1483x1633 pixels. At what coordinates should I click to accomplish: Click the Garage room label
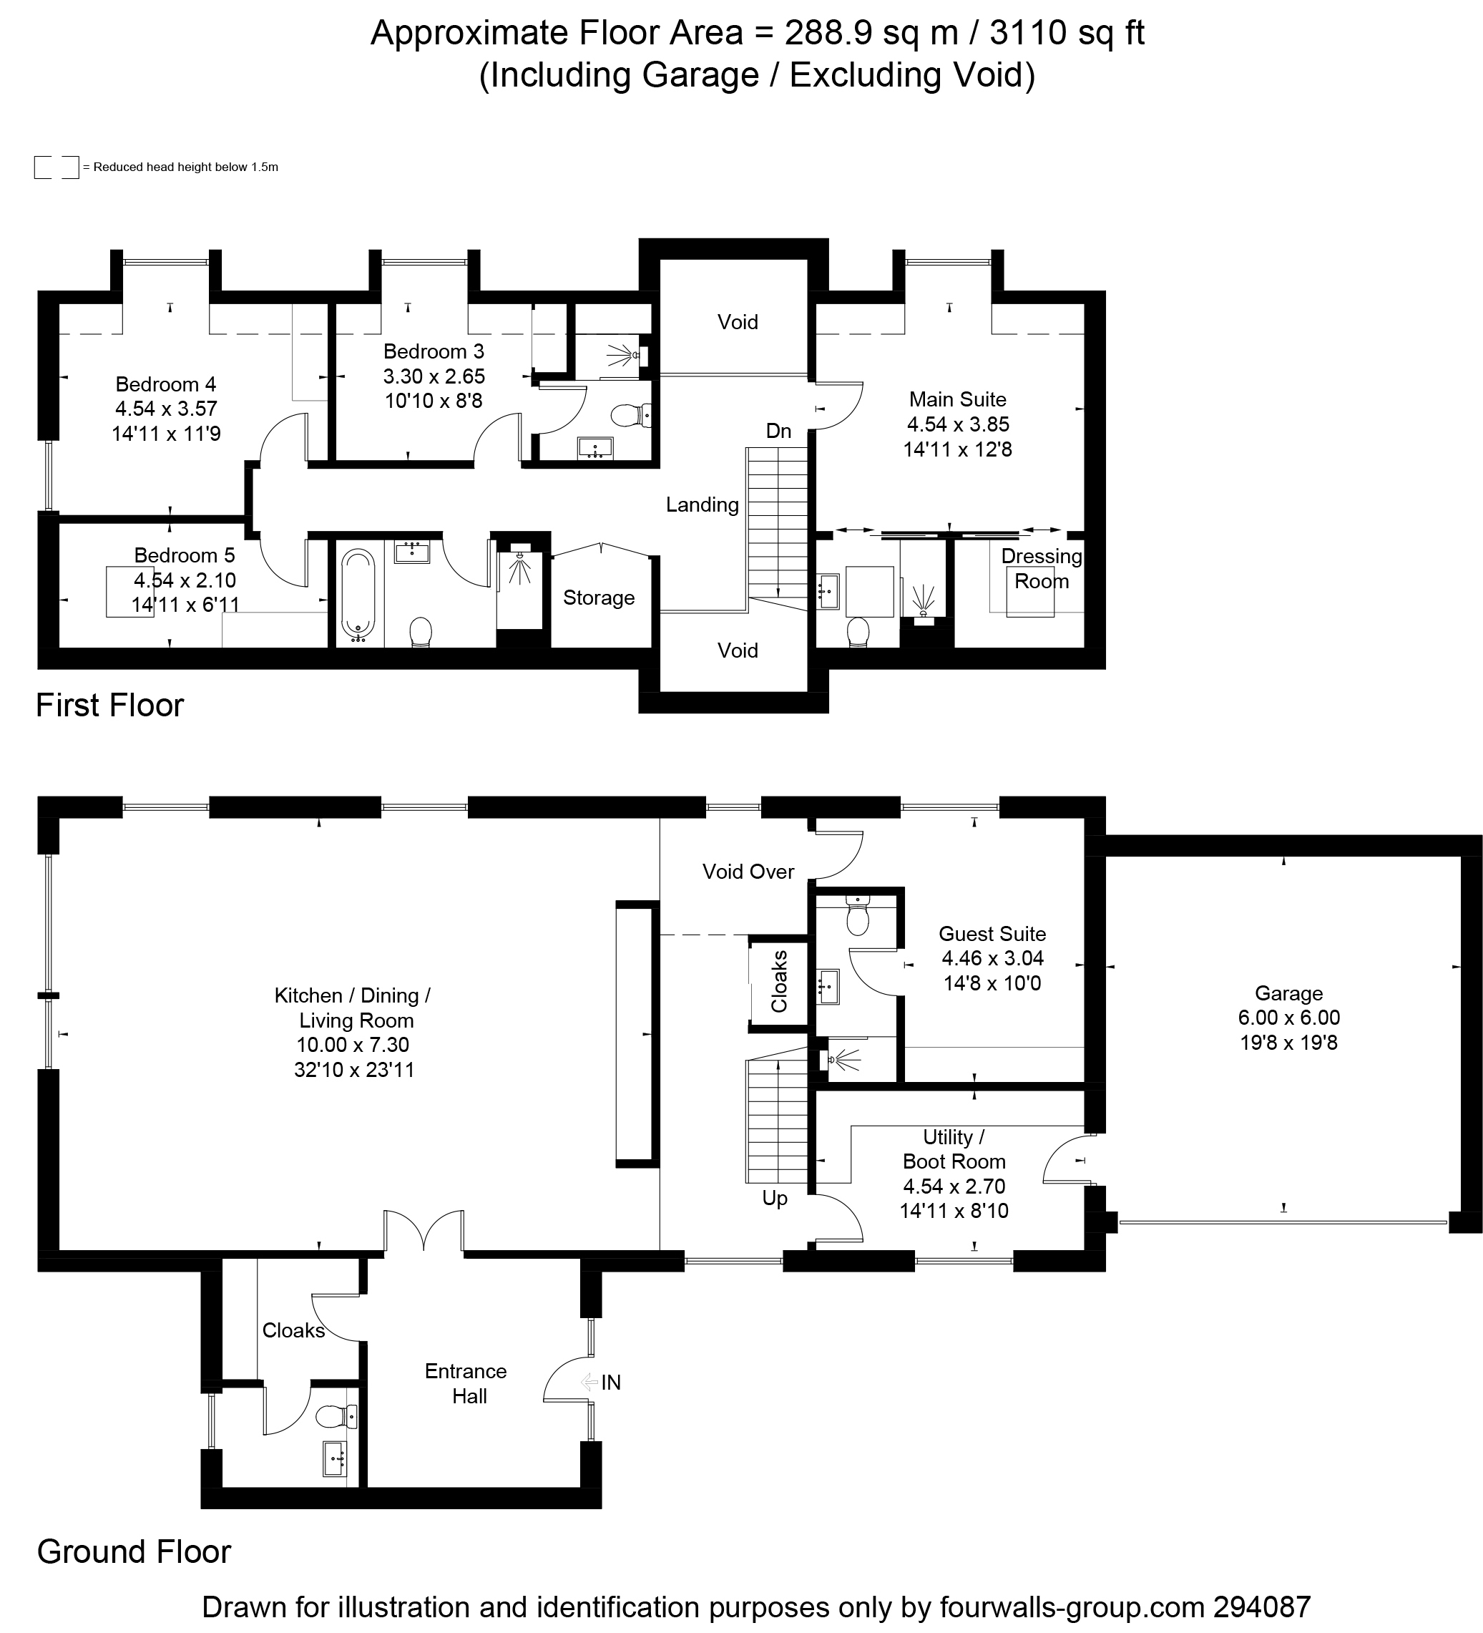coord(1288,993)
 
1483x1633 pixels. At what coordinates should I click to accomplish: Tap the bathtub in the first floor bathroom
coord(358,595)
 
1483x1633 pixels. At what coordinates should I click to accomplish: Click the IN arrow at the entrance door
coord(589,1382)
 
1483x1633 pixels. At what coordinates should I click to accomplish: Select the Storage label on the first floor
coord(599,598)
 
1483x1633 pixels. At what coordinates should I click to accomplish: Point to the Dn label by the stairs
coord(778,431)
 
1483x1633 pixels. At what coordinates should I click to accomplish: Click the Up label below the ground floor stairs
coord(775,1199)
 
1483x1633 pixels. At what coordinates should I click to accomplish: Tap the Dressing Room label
coord(1042,569)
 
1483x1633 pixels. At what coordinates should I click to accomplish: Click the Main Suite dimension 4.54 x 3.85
coord(958,424)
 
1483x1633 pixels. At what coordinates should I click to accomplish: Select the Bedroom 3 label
coord(434,351)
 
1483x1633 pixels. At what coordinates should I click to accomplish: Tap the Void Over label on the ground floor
coord(748,872)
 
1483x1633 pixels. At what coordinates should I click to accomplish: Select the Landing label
coord(703,505)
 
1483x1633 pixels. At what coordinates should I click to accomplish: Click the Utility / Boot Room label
coord(954,1149)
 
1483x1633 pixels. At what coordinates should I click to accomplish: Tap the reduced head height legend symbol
coord(57,167)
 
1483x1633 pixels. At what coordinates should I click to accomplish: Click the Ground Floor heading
coord(134,1552)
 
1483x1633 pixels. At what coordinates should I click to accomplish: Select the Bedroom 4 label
coord(166,384)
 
